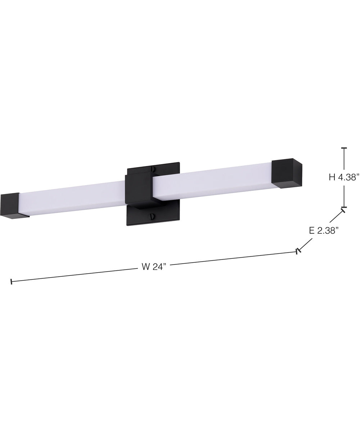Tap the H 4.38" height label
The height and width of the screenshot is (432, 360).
coord(344,177)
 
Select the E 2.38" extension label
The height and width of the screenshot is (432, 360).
coord(324,231)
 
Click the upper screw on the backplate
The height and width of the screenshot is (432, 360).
coord(153,169)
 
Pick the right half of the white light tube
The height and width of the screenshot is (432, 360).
coord(212,181)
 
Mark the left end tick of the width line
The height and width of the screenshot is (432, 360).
coord(12,282)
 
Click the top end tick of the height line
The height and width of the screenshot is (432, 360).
coord(344,148)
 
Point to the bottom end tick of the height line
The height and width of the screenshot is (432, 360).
coord(344,208)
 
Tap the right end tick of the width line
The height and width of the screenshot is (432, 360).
coord(297,252)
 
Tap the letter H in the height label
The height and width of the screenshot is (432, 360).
coord(332,177)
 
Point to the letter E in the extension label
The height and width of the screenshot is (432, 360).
coord(312,231)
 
